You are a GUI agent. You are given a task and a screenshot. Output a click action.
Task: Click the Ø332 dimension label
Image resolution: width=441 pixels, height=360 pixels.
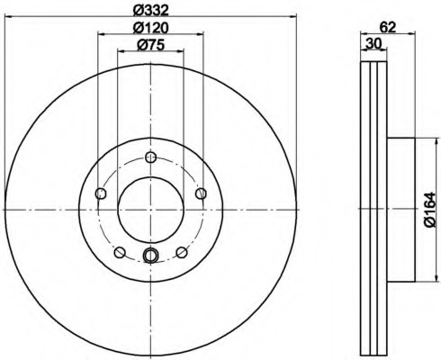click(x=151, y=11)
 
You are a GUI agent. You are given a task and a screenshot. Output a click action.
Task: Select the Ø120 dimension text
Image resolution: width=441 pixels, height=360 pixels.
click(x=151, y=28)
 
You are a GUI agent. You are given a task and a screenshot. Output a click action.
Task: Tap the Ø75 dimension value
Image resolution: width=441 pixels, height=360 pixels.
click(x=151, y=45)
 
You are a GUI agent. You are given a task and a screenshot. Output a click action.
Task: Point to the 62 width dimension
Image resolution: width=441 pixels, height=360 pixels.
click(x=388, y=27)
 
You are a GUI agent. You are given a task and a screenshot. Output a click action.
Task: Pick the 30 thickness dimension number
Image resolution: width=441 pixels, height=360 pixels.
click(x=373, y=44)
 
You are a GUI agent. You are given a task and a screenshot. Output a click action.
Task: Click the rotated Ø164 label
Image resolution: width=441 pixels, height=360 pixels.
click(x=429, y=210)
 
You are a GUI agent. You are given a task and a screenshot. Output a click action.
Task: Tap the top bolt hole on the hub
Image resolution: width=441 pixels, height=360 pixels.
click(x=150, y=157)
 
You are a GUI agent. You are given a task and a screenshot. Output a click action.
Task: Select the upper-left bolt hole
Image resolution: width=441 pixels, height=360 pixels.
click(x=101, y=193)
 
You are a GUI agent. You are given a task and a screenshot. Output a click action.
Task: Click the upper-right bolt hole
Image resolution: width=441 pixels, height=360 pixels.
click(x=201, y=193)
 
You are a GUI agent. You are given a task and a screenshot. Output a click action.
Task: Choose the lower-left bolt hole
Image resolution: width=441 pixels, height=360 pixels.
click(x=120, y=252)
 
